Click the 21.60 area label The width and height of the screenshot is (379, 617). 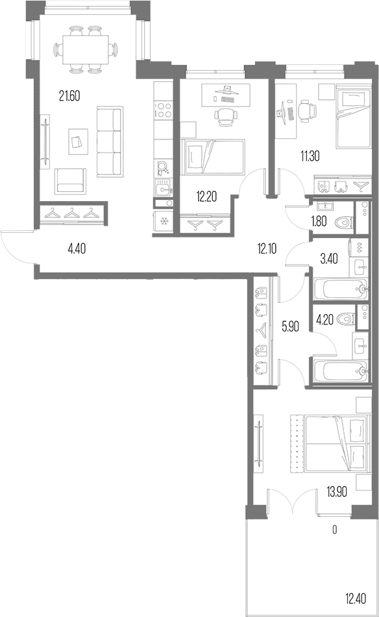(69, 95)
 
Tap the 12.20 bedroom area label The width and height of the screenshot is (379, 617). (206, 196)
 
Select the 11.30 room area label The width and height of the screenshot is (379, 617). (310, 156)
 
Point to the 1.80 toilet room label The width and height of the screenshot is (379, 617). (319, 221)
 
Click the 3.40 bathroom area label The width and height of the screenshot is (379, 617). (329, 259)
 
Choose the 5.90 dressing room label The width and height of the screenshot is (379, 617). (291, 326)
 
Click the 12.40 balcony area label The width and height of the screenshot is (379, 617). (356, 599)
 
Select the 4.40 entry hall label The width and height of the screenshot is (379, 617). (77, 248)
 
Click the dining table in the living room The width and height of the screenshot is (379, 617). (86, 50)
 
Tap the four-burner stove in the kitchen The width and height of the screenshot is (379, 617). (164, 110)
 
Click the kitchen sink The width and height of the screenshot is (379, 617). (164, 189)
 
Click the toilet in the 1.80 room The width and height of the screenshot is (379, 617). (344, 223)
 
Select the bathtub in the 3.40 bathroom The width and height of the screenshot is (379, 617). (341, 289)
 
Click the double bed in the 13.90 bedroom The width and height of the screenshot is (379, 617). (328, 442)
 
